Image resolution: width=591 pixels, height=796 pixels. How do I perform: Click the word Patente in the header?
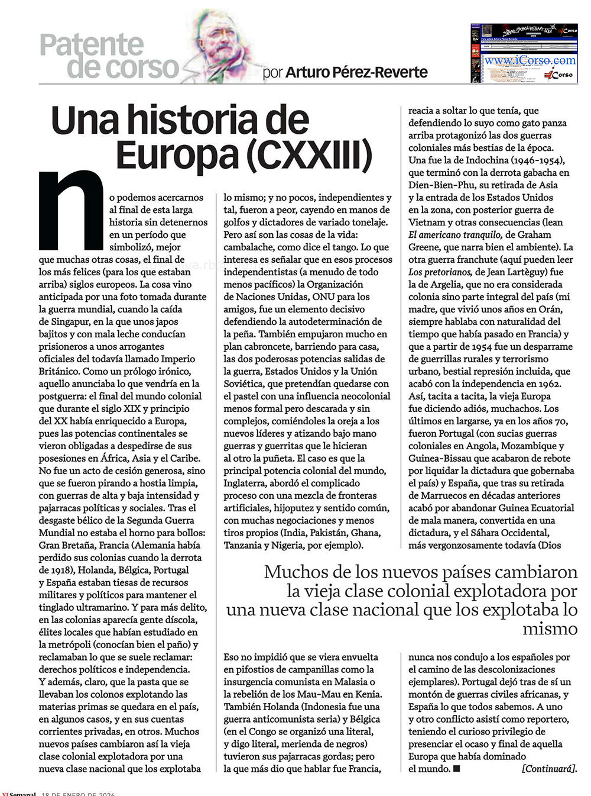click(92, 45)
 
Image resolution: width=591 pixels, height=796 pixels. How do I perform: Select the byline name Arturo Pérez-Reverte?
click(356, 72)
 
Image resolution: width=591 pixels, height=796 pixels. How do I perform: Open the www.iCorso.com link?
click(530, 60)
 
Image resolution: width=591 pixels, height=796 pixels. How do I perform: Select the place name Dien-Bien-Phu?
click(440, 185)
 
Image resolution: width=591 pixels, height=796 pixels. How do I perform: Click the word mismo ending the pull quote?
click(550, 629)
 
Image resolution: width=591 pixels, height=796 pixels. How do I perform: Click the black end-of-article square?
click(456, 769)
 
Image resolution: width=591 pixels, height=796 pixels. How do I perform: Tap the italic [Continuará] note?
click(548, 769)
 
